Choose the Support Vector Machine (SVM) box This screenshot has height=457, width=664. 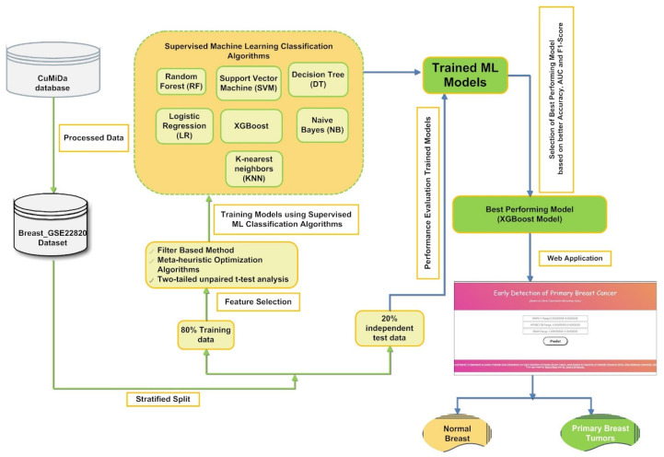pyautogui.click(x=250, y=84)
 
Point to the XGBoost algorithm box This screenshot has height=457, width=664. pyautogui.click(x=250, y=125)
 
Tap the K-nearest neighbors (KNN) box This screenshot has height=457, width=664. pyautogui.click(x=253, y=169)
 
